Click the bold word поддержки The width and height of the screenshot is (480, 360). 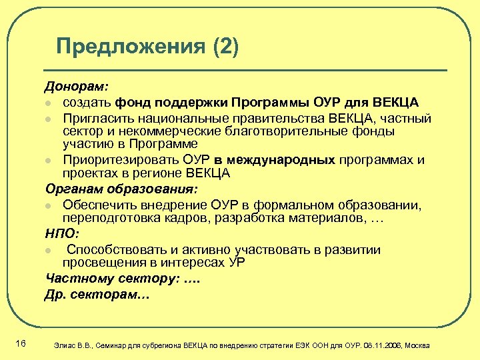point(189,102)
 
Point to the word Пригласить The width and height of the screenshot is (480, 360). point(95,118)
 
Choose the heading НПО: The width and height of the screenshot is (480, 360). point(61,233)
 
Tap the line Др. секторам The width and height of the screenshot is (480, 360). point(96,294)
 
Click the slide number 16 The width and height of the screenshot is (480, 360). point(20,343)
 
